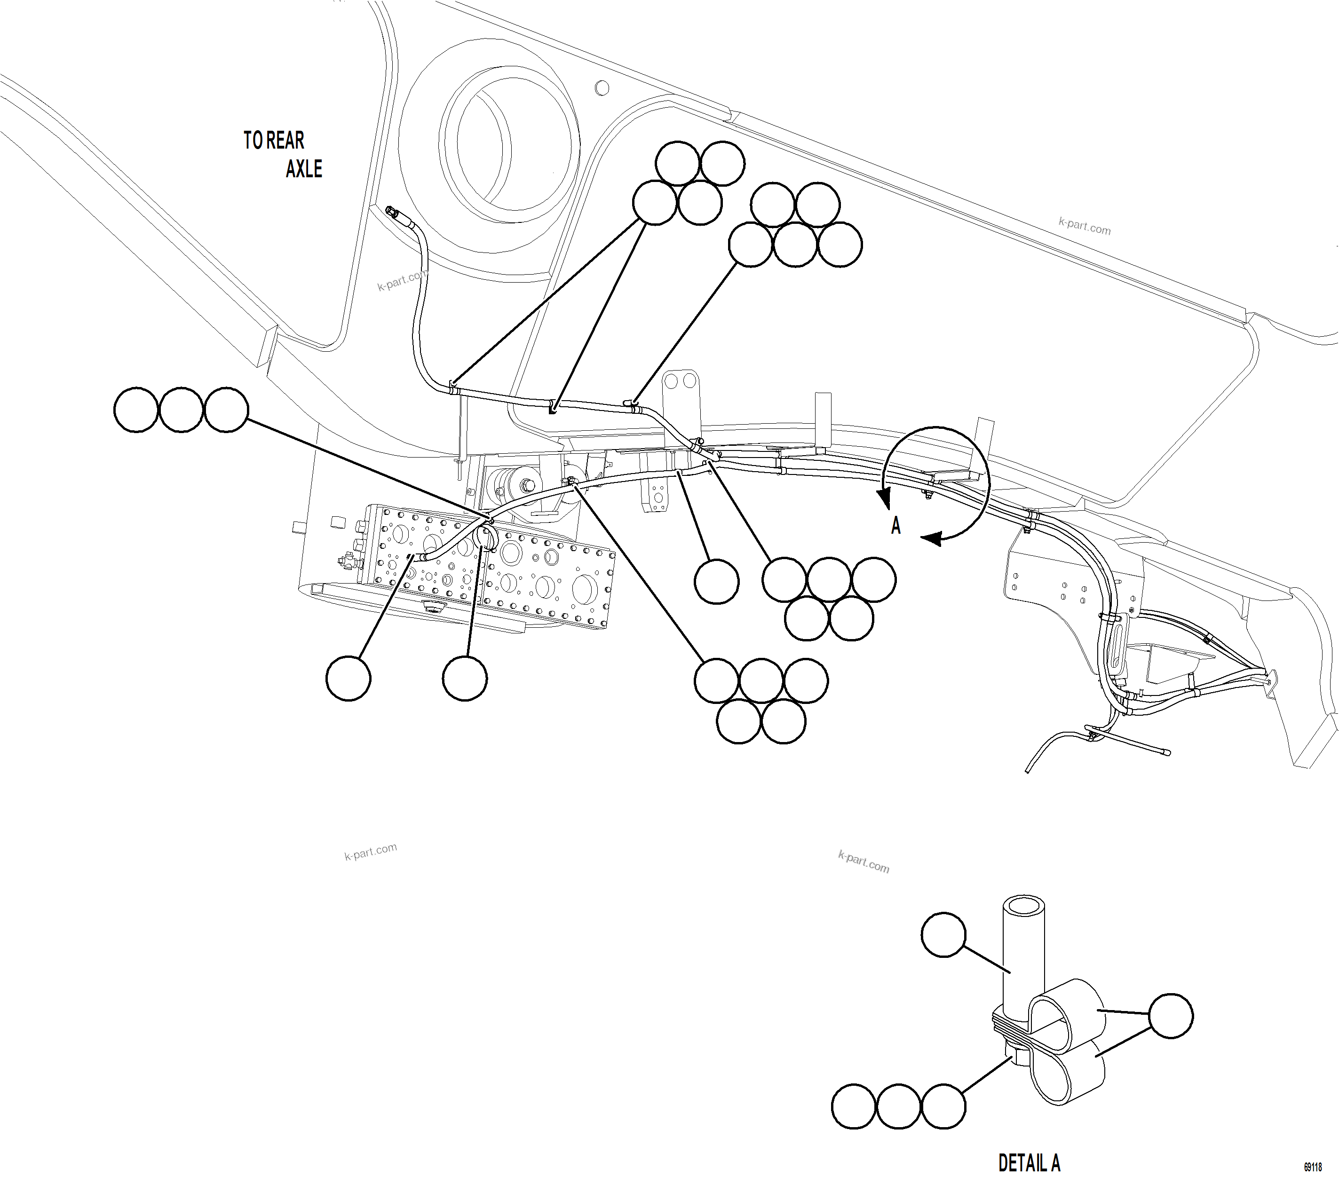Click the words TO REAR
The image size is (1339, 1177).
(274, 140)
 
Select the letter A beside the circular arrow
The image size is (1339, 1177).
(895, 525)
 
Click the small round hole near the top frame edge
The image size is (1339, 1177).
(602, 88)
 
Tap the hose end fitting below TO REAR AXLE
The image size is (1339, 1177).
(393, 213)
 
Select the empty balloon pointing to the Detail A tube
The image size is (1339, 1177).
(943, 935)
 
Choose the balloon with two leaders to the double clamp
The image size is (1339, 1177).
(1171, 1016)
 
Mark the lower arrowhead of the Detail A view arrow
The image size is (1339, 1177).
(932, 538)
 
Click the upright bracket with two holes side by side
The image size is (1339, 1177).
(681, 393)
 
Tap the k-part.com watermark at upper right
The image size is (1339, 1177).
(1084, 226)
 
